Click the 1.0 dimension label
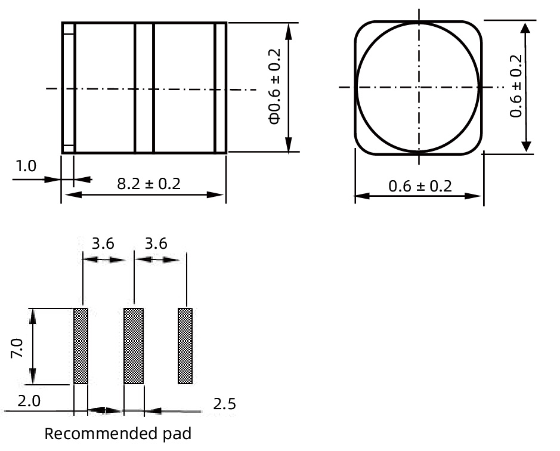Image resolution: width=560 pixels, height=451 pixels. click(26, 165)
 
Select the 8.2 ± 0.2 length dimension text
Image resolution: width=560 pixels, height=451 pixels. click(148, 183)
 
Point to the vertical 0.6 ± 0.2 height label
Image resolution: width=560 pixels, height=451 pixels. click(516, 86)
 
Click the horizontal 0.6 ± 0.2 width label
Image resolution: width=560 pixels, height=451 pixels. click(420, 186)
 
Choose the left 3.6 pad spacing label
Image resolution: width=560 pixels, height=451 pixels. click(103, 243)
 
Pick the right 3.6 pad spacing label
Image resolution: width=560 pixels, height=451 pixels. click(155, 243)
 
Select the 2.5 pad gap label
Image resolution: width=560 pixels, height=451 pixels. click(224, 404)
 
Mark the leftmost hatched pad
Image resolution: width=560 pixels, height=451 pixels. click(81, 346)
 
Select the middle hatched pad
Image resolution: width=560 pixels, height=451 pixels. click(134, 346)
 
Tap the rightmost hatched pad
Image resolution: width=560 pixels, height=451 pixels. click(185, 346)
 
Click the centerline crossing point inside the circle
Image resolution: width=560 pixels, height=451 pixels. click(420, 87)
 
